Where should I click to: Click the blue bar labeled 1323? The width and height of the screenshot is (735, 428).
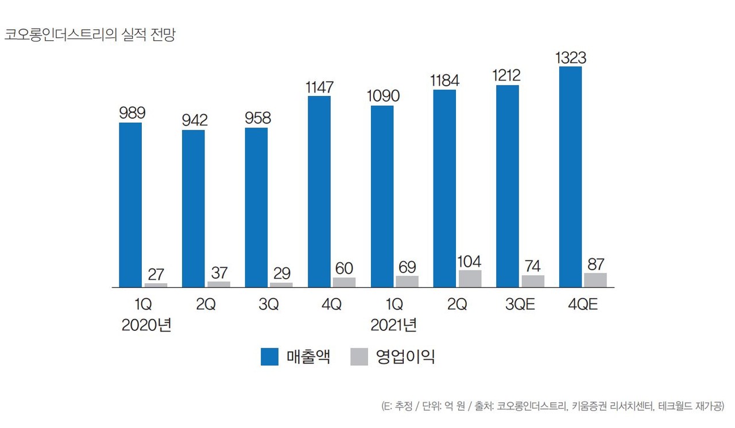pyautogui.click(x=570, y=176)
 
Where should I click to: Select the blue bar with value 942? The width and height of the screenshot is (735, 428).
pyautogui.click(x=193, y=208)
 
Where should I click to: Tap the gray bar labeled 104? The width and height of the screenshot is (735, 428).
pyautogui.click(x=470, y=279)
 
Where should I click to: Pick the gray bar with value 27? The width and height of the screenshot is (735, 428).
pyautogui.click(x=156, y=285)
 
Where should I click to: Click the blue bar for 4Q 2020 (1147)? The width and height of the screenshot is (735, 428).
pyautogui.click(x=319, y=191)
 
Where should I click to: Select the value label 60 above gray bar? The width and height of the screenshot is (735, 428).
pyautogui.click(x=345, y=268)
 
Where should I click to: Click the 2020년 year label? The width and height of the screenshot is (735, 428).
pyautogui.click(x=146, y=326)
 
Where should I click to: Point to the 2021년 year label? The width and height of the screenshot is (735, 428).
pyautogui.click(x=393, y=326)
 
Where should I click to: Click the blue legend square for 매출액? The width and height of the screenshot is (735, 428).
pyautogui.click(x=269, y=357)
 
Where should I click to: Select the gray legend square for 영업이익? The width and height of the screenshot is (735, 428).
pyautogui.click(x=358, y=357)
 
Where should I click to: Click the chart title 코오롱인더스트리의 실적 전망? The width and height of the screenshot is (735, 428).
pyautogui.click(x=90, y=34)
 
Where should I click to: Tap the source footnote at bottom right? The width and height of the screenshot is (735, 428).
pyautogui.click(x=552, y=406)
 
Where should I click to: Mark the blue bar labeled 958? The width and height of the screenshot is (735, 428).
pyautogui.click(x=256, y=207)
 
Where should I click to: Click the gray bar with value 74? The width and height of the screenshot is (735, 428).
pyautogui.click(x=532, y=281)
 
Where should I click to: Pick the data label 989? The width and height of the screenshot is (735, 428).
pyautogui.click(x=132, y=113)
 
